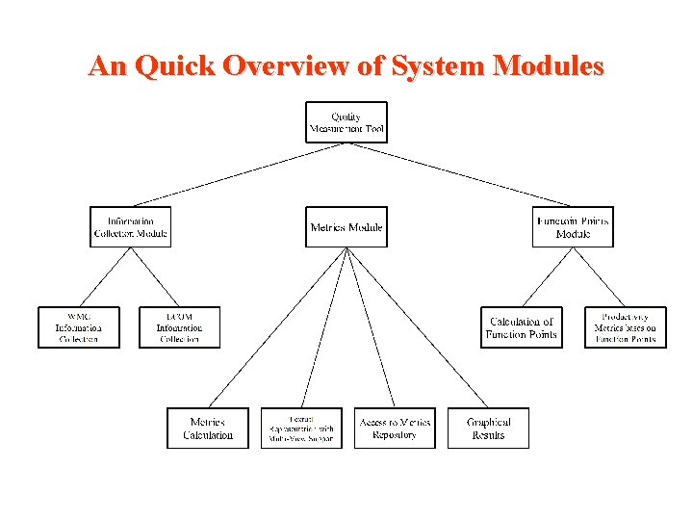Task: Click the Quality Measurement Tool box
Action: (x=346, y=122)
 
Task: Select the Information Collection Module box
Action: (x=131, y=227)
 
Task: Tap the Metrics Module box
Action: (x=346, y=227)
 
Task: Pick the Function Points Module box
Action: (x=573, y=227)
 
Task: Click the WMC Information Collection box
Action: (x=79, y=327)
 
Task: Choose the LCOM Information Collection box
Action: (x=179, y=327)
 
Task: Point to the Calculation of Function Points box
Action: (x=522, y=327)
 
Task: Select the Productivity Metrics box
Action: (x=626, y=327)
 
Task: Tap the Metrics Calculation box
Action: (x=208, y=429)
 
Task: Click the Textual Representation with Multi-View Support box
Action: (x=301, y=429)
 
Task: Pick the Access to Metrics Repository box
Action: (x=395, y=429)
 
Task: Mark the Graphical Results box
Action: (x=488, y=429)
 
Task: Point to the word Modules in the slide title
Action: (x=548, y=66)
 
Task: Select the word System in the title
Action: (x=437, y=66)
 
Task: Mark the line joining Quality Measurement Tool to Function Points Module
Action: (x=460, y=174)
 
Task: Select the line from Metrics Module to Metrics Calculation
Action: (x=277, y=327)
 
